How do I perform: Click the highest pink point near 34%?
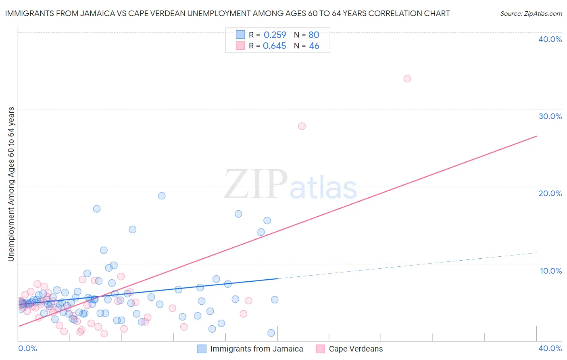pos(407,79)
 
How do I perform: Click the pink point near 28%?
pos(302,126)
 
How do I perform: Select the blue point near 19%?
pos(162,196)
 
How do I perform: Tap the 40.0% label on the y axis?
pos(550,39)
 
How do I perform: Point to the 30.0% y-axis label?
pos(550,116)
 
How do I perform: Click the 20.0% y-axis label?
pos(550,193)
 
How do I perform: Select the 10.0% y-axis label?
pos(551,271)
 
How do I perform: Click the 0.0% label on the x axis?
pos(27,348)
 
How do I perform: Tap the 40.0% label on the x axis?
pos(550,348)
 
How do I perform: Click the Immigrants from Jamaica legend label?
pos(256,349)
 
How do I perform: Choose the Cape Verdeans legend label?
pos(356,349)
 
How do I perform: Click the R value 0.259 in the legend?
pos(275,35)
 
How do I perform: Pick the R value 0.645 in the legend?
pos(274,46)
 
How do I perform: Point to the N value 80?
pos(314,35)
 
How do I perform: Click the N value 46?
pos(314,46)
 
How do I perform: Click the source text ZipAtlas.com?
pos(531,14)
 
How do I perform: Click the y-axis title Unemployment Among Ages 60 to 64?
pos(11,184)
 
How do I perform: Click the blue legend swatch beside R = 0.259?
pos(240,35)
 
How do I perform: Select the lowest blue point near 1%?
pos(271,333)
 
